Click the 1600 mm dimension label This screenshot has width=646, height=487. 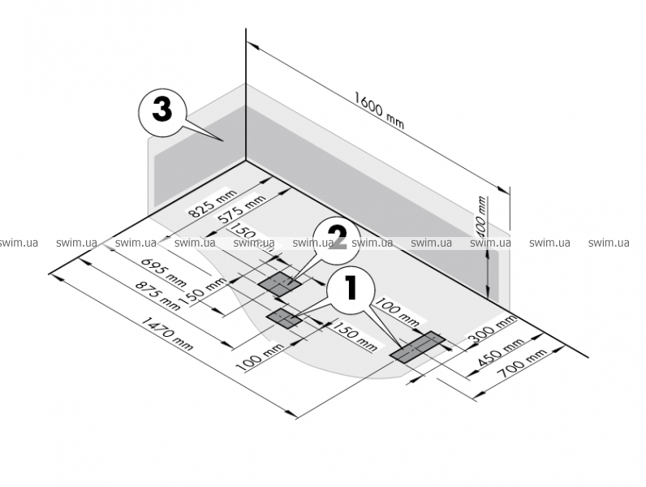click(379, 110)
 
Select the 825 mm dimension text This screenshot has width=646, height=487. click(212, 205)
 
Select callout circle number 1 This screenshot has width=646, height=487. click(351, 288)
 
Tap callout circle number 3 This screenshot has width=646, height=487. click(161, 111)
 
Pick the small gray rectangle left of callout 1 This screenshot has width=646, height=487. click(285, 317)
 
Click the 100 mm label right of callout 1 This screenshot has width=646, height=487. click(398, 309)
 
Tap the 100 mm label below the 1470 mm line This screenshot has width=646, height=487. click(258, 356)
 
